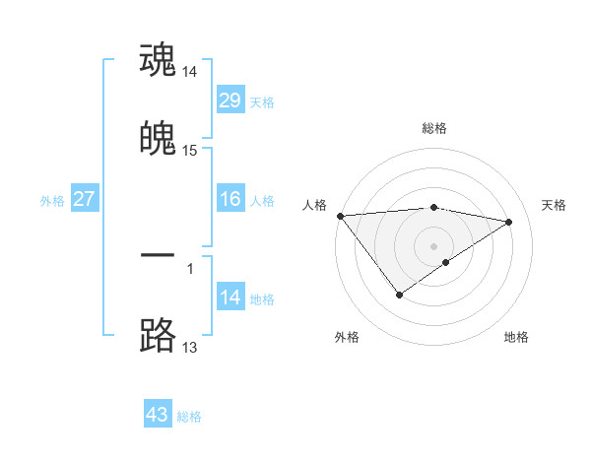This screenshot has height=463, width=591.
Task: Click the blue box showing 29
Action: tap(230, 100)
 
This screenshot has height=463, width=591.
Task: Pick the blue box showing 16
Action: tap(230, 199)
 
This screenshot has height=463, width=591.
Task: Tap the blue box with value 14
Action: tap(230, 298)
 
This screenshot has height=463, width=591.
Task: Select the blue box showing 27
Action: tap(84, 199)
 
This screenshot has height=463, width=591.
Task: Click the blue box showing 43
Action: tap(158, 415)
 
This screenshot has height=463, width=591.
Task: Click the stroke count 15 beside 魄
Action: tap(190, 151)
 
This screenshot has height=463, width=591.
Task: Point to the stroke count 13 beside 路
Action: tap(190, 347)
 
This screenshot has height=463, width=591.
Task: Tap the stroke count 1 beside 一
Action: tap(190, 267)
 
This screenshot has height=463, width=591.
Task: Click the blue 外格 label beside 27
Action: tap(52, 200)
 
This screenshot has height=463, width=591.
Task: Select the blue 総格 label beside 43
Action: tap(189, 416)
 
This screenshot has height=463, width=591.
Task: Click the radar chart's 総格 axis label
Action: tap(433, 128)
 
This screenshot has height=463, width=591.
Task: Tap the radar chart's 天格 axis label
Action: tap(554, 205)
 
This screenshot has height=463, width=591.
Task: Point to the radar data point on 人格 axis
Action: tap(340, 216)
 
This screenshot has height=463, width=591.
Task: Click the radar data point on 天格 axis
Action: tap(509, 222)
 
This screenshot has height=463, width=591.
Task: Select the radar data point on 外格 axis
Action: tap(399, 294)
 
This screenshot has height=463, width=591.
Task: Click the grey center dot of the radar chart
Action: tap(433, 245)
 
